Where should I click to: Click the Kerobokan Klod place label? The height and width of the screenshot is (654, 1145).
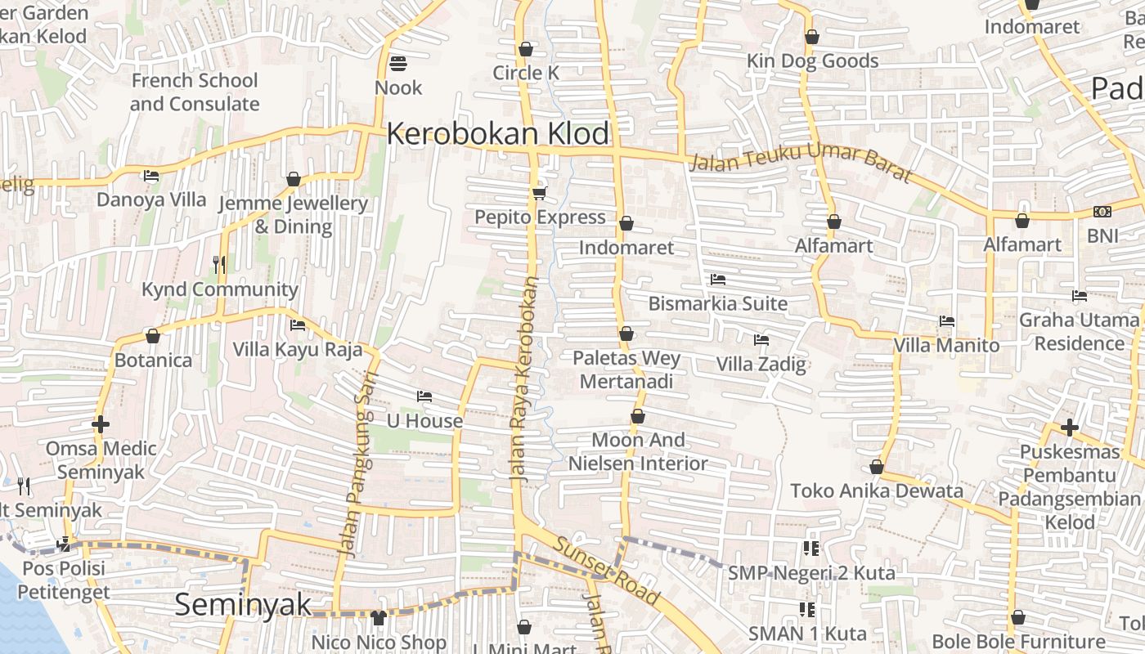[498, 133]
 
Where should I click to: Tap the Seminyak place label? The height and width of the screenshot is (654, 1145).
[243, 604]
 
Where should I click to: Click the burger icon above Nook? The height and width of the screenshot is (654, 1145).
[398, 63]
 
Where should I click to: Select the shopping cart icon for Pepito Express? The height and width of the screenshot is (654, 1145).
[539, 193]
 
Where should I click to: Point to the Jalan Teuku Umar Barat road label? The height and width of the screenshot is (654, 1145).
[800, 161]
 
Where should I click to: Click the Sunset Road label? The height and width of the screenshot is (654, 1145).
[606, 571]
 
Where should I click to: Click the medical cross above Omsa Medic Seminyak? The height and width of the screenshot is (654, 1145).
[101, 424]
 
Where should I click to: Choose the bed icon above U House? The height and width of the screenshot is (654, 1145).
[424, 396]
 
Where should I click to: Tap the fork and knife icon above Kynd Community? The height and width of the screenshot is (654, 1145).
[218, 264]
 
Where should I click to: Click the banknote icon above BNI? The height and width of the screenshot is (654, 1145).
[1102, 212]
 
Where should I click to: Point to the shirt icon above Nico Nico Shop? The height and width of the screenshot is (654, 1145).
[378, 618]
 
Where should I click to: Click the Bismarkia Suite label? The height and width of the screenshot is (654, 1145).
[717, 303]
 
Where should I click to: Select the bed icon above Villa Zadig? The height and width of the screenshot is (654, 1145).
[761, 339]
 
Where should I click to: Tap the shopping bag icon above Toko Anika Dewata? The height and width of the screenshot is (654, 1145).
[877, 467]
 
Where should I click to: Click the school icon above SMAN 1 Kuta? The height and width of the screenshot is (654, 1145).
[808, 609]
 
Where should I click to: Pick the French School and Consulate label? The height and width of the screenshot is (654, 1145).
[195, 92]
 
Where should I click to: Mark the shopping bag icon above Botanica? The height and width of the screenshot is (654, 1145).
[152, 336]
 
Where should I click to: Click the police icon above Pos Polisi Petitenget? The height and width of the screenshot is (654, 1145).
[63, 544]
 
